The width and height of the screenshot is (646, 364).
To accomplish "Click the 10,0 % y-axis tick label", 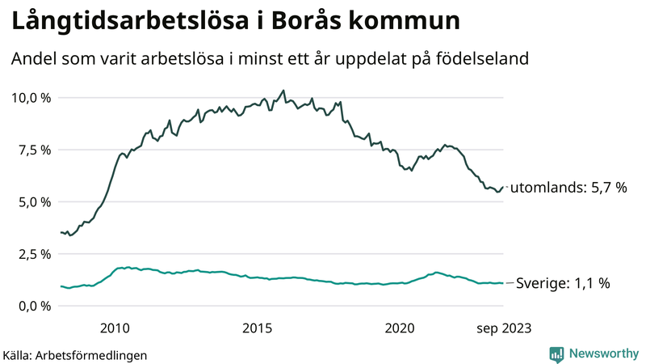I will (x=30, y=98).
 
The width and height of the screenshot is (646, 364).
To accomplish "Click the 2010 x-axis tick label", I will (x=115, y=328).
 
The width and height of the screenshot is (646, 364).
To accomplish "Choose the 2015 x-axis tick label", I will (x=258, y=328).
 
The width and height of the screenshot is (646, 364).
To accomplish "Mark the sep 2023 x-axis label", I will (x=503, y=328).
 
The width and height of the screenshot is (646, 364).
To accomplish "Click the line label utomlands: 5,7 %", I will (x=570, y=188).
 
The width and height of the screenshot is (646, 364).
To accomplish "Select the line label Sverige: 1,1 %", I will (x=562, y=283).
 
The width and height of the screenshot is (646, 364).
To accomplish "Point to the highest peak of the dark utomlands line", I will (x=283, y=91).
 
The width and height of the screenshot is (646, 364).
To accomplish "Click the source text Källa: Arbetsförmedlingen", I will (x=75, y=354).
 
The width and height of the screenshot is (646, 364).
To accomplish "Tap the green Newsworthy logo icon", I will (x=556, y=353).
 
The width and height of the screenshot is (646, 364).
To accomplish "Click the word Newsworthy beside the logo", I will (x=603, y=353).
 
